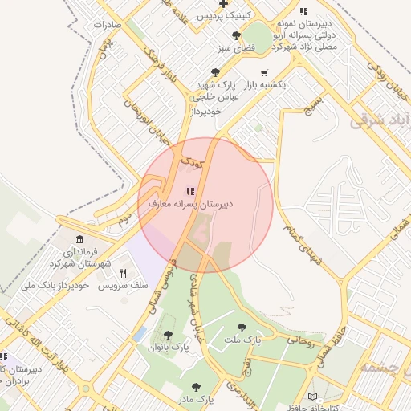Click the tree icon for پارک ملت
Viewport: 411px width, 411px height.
(x=242, y=328)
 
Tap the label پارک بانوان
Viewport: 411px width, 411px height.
(x=169, y=348)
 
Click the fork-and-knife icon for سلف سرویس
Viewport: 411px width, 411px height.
(x=124, y=273)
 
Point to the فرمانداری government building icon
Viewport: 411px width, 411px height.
(x=79, y=240)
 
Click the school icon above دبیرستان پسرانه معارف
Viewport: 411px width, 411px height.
(x=190, y=191)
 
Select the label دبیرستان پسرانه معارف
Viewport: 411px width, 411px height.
(x=191, y=205)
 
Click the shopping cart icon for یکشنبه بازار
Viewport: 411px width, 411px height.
(x=264, y=72)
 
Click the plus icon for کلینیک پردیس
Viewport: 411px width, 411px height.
(x=223, y=4)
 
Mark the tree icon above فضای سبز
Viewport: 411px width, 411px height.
(x=236, y=35)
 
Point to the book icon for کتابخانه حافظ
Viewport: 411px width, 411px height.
(x=312, y=397)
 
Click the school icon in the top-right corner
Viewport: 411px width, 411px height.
(x=303, y=11)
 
